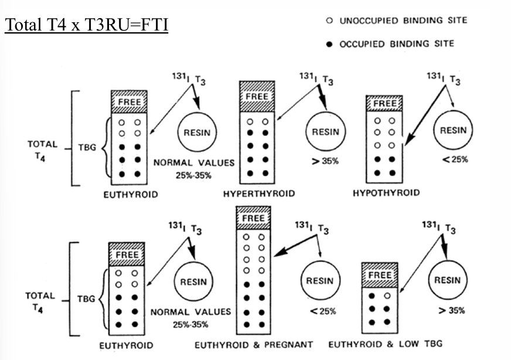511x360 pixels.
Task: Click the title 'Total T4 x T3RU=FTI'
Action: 86,26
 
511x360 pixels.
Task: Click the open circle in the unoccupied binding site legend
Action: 329,21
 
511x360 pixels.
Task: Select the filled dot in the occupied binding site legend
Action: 329,44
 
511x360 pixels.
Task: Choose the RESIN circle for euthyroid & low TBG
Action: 447,280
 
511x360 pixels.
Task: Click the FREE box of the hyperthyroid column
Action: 257,96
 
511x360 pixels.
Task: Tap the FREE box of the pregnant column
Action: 254,219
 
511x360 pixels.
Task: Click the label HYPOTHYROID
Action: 386,193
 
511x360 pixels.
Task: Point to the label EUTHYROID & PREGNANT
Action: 254,344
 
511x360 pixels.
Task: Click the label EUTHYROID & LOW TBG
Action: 385,344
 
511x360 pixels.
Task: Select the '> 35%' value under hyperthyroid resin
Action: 325,161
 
